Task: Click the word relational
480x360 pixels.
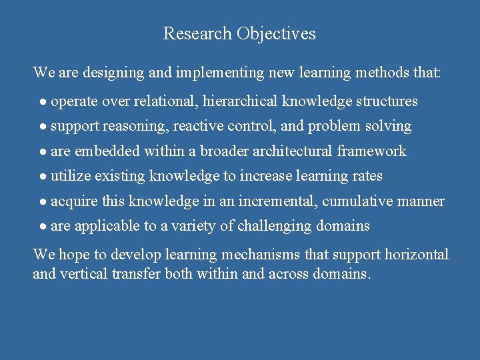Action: [164, 101]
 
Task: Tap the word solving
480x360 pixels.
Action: [389, 126]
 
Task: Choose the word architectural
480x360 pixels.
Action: [293, 151]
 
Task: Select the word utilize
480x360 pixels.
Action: [71, 177]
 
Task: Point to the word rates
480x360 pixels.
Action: [365, 177]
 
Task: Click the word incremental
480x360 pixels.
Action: [277, 201]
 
